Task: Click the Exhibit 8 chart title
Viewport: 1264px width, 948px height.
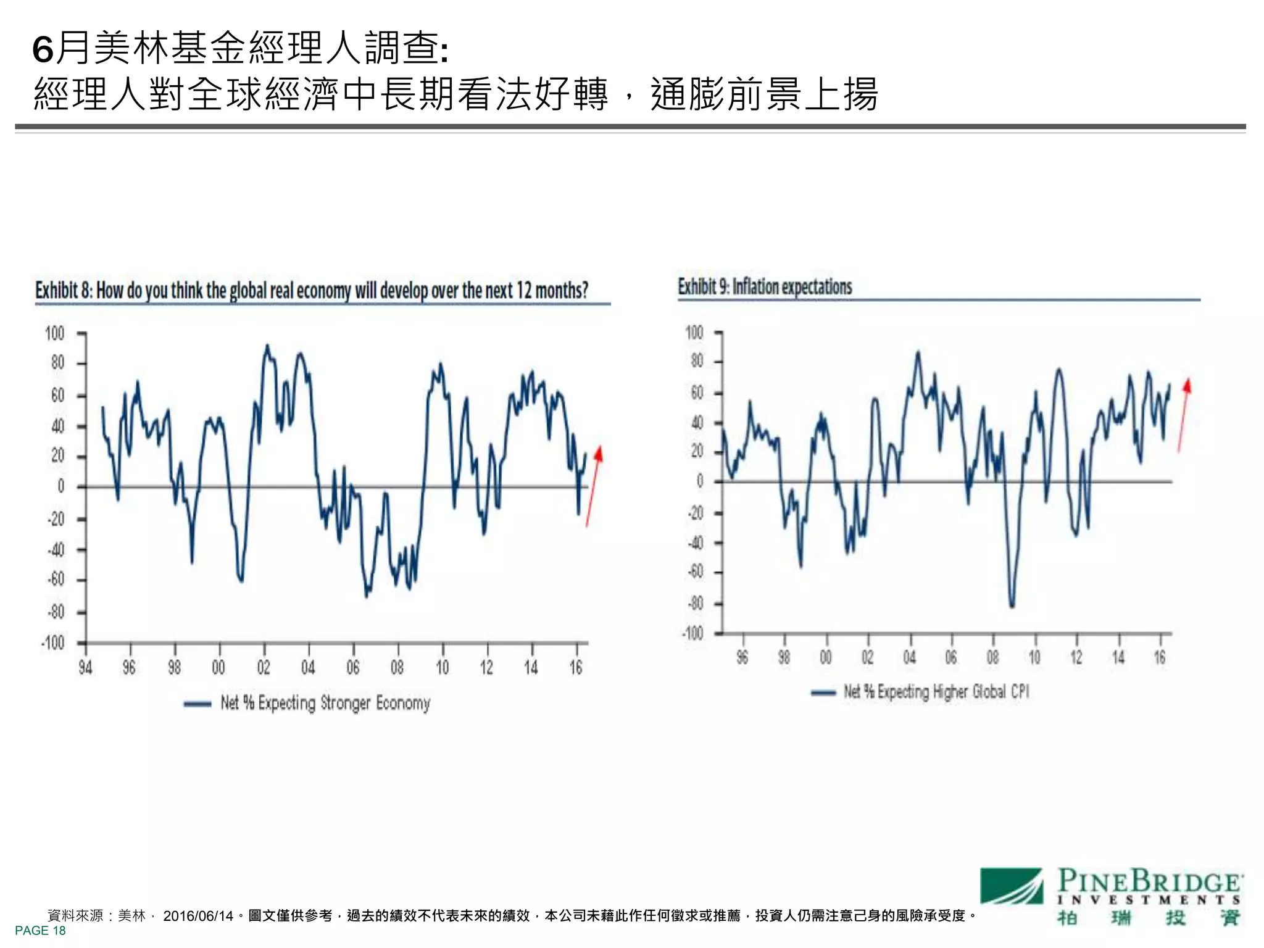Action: (312, 290)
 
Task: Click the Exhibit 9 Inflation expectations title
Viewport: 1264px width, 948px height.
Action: (765, 287)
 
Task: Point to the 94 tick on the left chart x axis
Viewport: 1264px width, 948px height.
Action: (85, 667)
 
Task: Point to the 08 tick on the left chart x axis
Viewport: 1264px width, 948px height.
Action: (397, 667)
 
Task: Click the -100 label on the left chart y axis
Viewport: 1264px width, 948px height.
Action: (54, 643)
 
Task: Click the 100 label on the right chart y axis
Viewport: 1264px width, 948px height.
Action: (694, 333)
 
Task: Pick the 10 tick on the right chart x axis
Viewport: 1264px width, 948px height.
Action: (1034, 658)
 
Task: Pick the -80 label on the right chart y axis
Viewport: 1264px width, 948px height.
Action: (696, 604)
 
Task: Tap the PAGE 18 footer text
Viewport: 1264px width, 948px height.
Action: (40, 931)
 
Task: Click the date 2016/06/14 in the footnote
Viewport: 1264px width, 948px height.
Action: (198, 916)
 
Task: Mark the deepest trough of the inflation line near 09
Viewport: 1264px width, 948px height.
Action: (1012, 606)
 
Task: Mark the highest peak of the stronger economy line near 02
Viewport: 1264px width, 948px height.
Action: (267, 346)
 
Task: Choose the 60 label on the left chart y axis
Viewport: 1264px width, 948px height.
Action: (57, 395)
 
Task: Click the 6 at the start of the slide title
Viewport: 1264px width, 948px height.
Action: (43, 49)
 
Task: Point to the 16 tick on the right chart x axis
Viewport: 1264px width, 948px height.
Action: (1160, 658)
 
